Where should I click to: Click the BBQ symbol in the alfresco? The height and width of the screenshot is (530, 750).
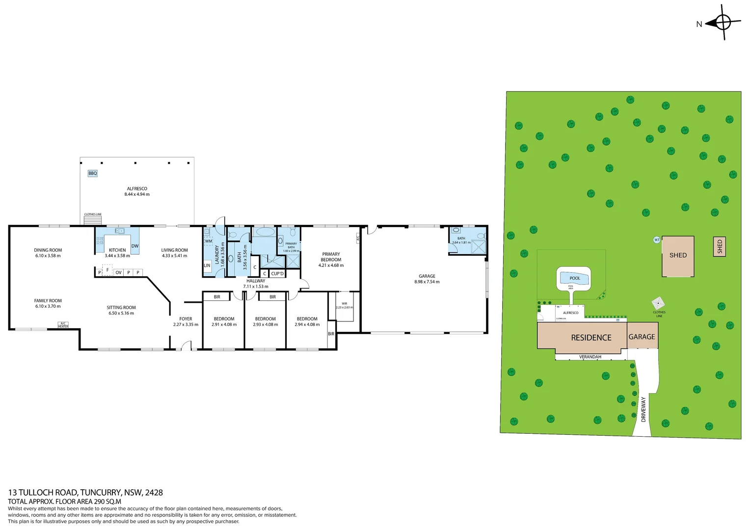(93, 173)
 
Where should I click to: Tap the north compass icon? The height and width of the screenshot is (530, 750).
(723, 23)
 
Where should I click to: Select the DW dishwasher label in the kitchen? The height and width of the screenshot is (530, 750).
(135, 246)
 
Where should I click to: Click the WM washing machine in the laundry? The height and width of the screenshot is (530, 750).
(209, 241)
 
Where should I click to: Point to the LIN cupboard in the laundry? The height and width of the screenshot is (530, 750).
(207, 265)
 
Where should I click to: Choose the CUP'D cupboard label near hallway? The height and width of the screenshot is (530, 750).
(277, 274)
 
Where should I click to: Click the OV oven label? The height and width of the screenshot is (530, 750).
(118, 272)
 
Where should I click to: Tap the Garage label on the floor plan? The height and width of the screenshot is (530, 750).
(427, 276)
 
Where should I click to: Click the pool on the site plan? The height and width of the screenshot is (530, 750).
(574, 278)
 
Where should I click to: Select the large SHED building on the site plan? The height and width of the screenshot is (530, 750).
(678, 256)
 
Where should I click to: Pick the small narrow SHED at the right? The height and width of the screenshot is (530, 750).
(720, 246)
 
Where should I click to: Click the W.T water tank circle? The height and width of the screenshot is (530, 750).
(657, 240)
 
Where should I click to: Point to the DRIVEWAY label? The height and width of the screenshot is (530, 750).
(643, 410)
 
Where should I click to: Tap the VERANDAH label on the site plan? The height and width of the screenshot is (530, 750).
(590, 357)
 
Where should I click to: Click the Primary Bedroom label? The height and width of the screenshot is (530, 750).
(331, 257)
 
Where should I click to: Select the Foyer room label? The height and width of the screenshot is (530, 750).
(186, 319)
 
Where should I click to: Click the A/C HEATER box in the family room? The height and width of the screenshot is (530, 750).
(63, 325)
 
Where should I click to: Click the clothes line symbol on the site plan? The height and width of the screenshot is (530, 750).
(658, 303)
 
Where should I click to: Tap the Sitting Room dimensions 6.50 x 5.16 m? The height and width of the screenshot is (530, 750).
(121, 313)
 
